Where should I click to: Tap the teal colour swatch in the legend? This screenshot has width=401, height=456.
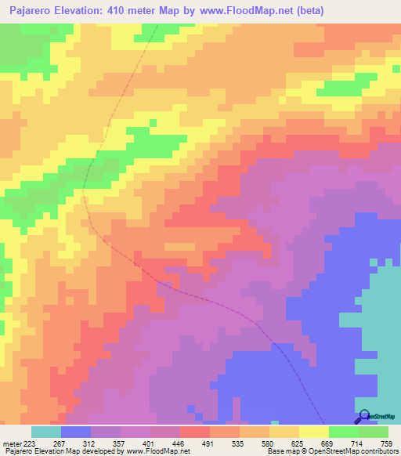coord(46,432)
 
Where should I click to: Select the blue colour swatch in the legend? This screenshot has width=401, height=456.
coord(76,432)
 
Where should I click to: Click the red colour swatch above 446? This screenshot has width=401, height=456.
coord(195,432)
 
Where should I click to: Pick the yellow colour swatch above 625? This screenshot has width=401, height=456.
coord(314,432)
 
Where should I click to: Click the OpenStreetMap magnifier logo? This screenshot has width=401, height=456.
coord(363,417)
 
